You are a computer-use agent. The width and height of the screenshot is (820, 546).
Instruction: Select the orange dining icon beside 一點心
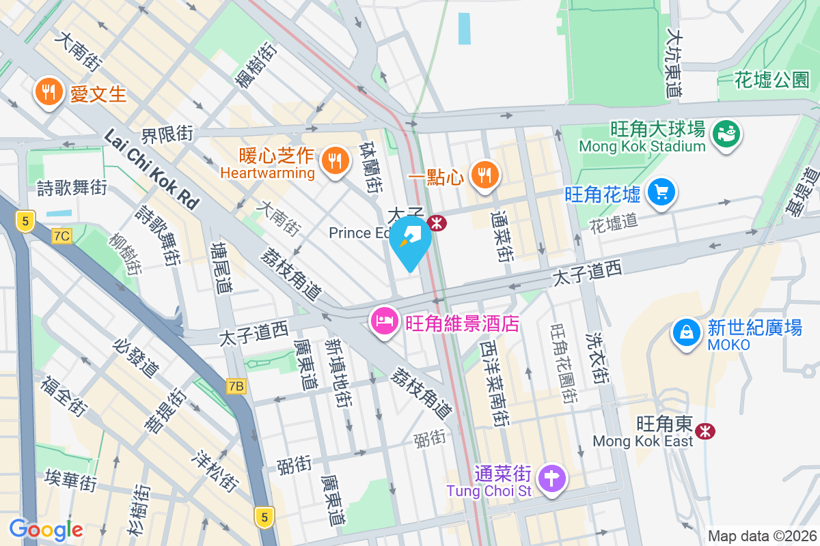point(485,175)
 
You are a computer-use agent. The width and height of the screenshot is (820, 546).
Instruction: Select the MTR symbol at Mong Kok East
point(705,431)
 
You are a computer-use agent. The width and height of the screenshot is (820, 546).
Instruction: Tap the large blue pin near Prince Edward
point(410,240)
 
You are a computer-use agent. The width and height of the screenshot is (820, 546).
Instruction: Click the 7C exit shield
point(61,236)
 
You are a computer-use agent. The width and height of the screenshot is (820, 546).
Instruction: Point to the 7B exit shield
point(236,387)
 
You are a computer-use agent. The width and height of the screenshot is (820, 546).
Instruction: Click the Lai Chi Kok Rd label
point(151,169)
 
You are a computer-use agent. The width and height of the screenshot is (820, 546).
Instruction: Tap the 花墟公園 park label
point(772,81)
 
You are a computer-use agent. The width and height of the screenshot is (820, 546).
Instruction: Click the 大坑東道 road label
point(675,61)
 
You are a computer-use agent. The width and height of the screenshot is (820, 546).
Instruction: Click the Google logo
point(46,530)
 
